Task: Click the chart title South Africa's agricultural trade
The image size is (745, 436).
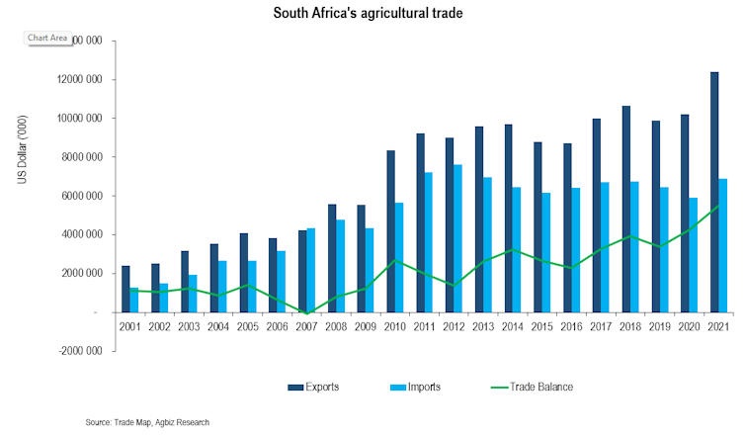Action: [x=372, y=15]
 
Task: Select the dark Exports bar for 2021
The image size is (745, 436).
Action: [x=714, y=192]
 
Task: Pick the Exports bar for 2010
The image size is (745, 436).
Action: [x=392, y=231]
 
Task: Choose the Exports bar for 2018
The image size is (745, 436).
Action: [x=627, y=209]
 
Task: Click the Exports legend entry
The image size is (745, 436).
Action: [x=314, y=387]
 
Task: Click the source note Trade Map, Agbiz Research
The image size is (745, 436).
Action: [x=147, y=422]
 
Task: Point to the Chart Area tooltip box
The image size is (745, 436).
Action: [x=46, y=38]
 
